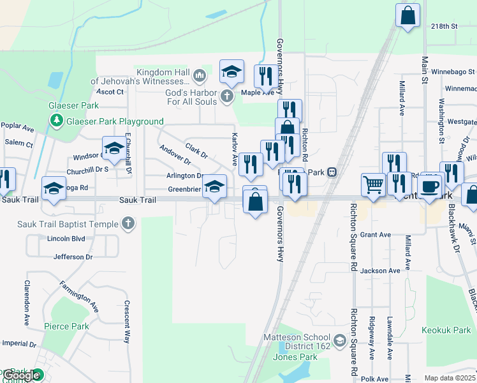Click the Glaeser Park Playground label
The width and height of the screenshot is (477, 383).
click(114, 121)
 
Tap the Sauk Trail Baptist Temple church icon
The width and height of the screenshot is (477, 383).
click(129, 224)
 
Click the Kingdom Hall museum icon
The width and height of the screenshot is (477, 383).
click(200, 76)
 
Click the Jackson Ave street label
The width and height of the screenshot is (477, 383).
click(383, 271)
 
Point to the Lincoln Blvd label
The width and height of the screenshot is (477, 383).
click(66, 238)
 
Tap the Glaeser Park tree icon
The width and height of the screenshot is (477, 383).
click(56, 121)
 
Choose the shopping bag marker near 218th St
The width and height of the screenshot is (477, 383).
click(407, 15)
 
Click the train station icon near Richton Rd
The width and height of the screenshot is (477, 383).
click(332, 172)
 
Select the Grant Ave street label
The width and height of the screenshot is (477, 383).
click(376, 235)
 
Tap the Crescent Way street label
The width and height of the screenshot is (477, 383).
click(128, 322)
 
